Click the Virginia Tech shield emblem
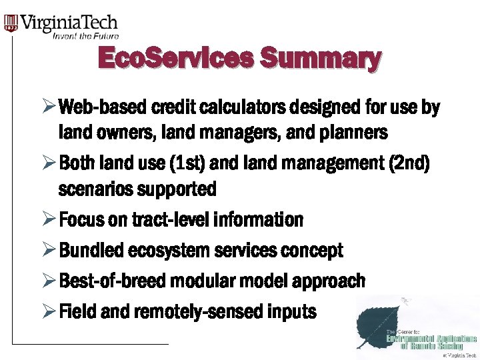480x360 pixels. [x=11, y=24]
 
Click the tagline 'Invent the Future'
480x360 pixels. [x=85, y=36]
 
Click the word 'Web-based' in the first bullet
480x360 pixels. [x=102, y=108]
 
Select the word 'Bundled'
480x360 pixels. [x=91, y=251]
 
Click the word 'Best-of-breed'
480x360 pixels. [x=113, y=281]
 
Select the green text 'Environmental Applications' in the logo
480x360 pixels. [x=431, y=338]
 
